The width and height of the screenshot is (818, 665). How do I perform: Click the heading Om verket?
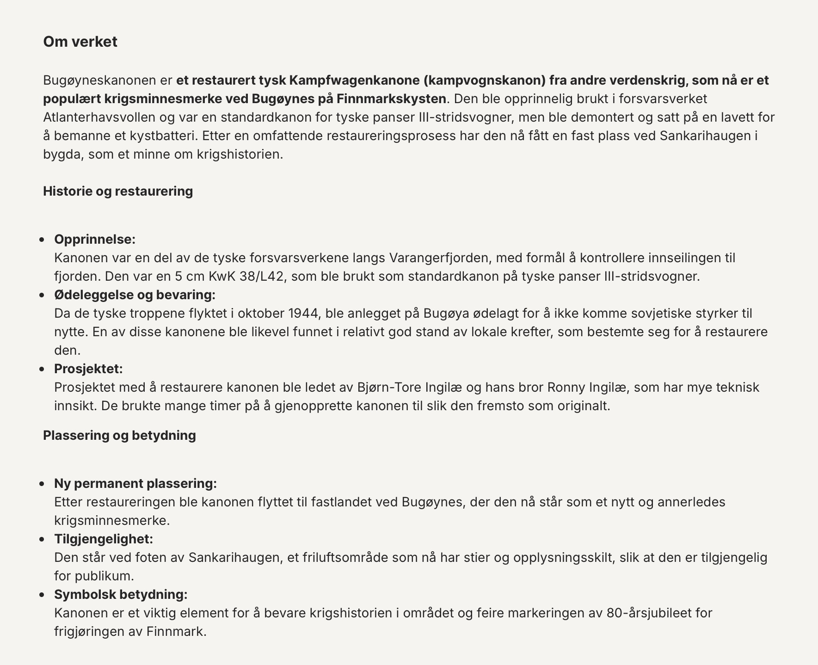[x=80, y=42]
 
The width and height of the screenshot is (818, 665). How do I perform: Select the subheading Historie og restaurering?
[x=118, y=191]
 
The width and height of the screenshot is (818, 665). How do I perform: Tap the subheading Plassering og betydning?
[x=119, y=435]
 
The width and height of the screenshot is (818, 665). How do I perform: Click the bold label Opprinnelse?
[x=95, y=239]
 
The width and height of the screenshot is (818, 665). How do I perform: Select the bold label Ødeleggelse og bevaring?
[x=135, y=295]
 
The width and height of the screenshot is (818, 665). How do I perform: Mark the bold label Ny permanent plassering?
[x=135, y=483]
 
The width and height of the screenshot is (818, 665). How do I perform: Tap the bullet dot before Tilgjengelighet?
[x=42, y=539]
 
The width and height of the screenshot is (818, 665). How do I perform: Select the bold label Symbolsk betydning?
[x=121, y=594]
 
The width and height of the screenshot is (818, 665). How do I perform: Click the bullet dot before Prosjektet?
[x=42, y=369]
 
